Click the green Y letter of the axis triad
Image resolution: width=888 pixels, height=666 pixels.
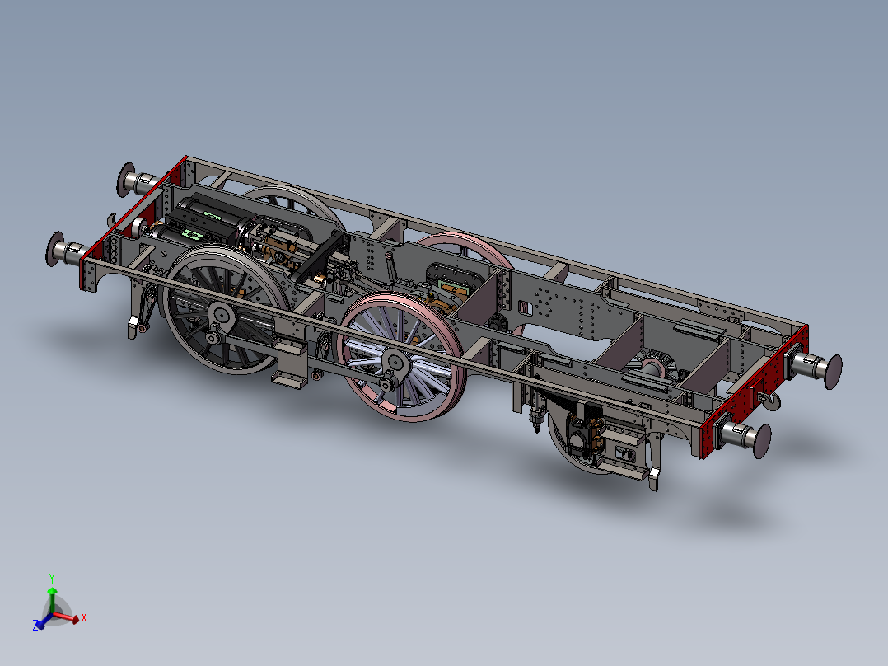coord(51,577)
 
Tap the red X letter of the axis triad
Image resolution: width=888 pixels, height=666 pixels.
coord(84,617)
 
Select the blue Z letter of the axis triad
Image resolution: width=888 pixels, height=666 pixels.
coord(37,626)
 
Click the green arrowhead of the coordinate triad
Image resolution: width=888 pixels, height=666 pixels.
coord(51,591)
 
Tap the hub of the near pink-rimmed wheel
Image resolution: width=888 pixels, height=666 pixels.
coord(395,362)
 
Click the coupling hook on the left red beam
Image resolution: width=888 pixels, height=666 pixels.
coord(112,218)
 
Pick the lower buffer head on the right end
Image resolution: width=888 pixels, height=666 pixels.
coord(759,438)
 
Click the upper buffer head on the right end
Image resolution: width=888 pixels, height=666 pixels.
coord(830,368)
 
